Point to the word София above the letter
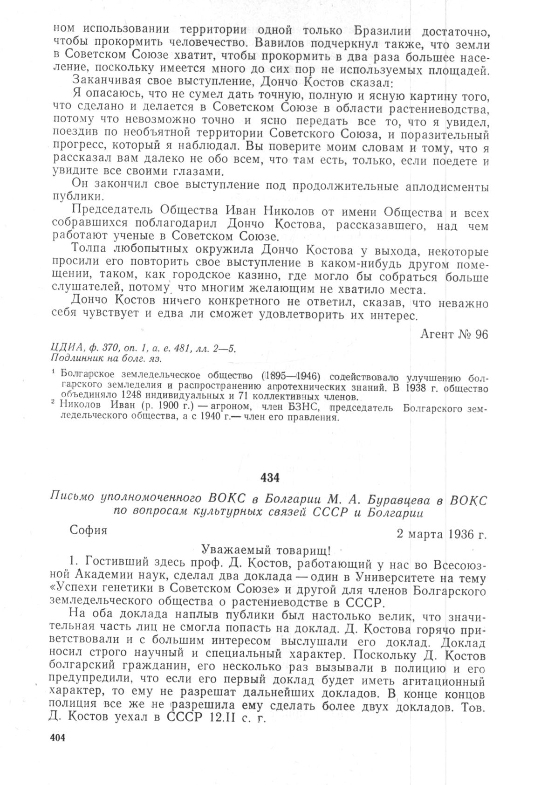click(x=88, y=530)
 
